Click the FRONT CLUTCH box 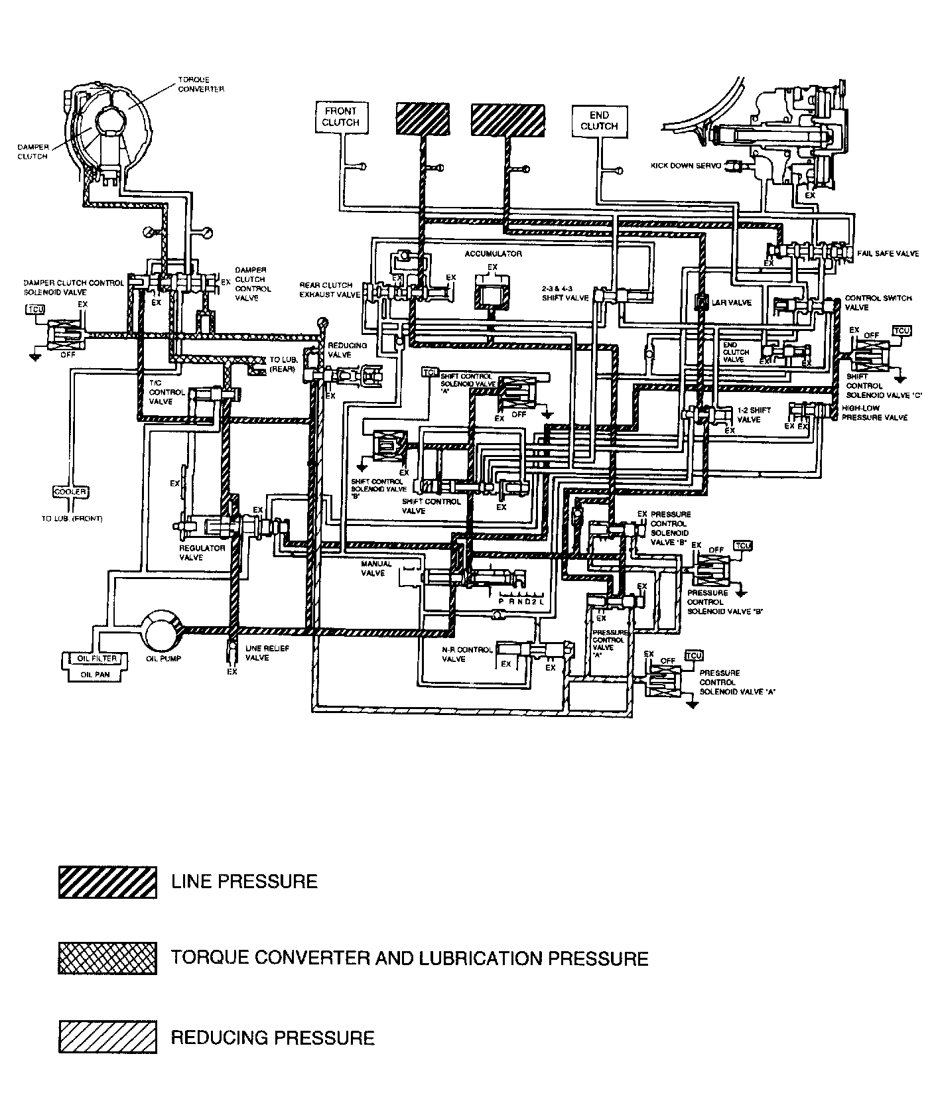point(340,117)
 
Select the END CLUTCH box point(599,121)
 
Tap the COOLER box point(70,492)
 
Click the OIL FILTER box point(98,659)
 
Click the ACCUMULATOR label point(493,254)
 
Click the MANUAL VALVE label point(376,568)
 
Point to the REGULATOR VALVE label point(202,553)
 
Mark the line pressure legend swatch point(107,882)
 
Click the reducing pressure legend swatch point(107,1037)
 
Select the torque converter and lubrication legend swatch point(107,958)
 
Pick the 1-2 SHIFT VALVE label point(754,415)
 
